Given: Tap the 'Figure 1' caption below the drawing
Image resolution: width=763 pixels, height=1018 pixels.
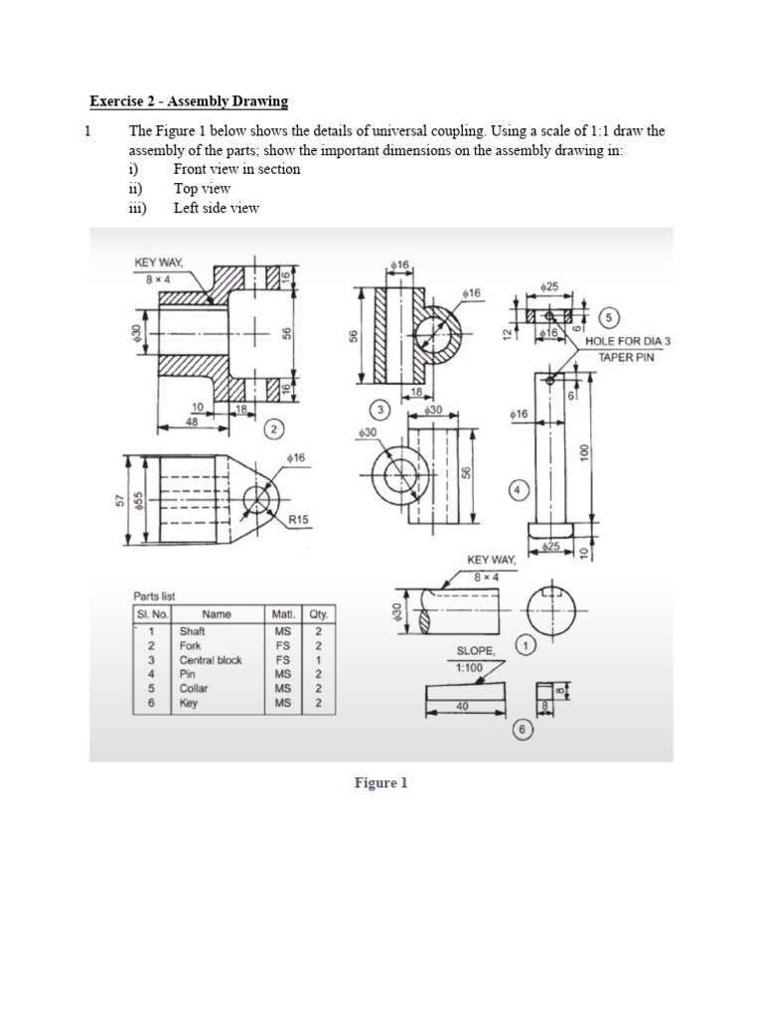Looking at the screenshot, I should (381, 783).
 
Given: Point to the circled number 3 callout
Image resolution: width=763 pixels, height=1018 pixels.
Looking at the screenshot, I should (378, 410).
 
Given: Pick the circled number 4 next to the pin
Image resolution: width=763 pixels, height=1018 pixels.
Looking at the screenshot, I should (518, 489).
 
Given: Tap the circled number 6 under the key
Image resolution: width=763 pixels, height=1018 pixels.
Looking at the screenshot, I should (521, 731).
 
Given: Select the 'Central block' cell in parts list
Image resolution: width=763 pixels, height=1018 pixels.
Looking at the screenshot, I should (210, 660).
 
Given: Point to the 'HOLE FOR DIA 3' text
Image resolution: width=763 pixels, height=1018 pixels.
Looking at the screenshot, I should (628, 341).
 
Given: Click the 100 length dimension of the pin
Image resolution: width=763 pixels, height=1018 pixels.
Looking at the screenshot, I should (586, 450).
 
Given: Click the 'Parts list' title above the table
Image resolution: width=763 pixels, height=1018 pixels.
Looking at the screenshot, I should (154, 596).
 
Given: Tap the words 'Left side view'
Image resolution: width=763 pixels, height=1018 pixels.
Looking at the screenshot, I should (216, 208).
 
